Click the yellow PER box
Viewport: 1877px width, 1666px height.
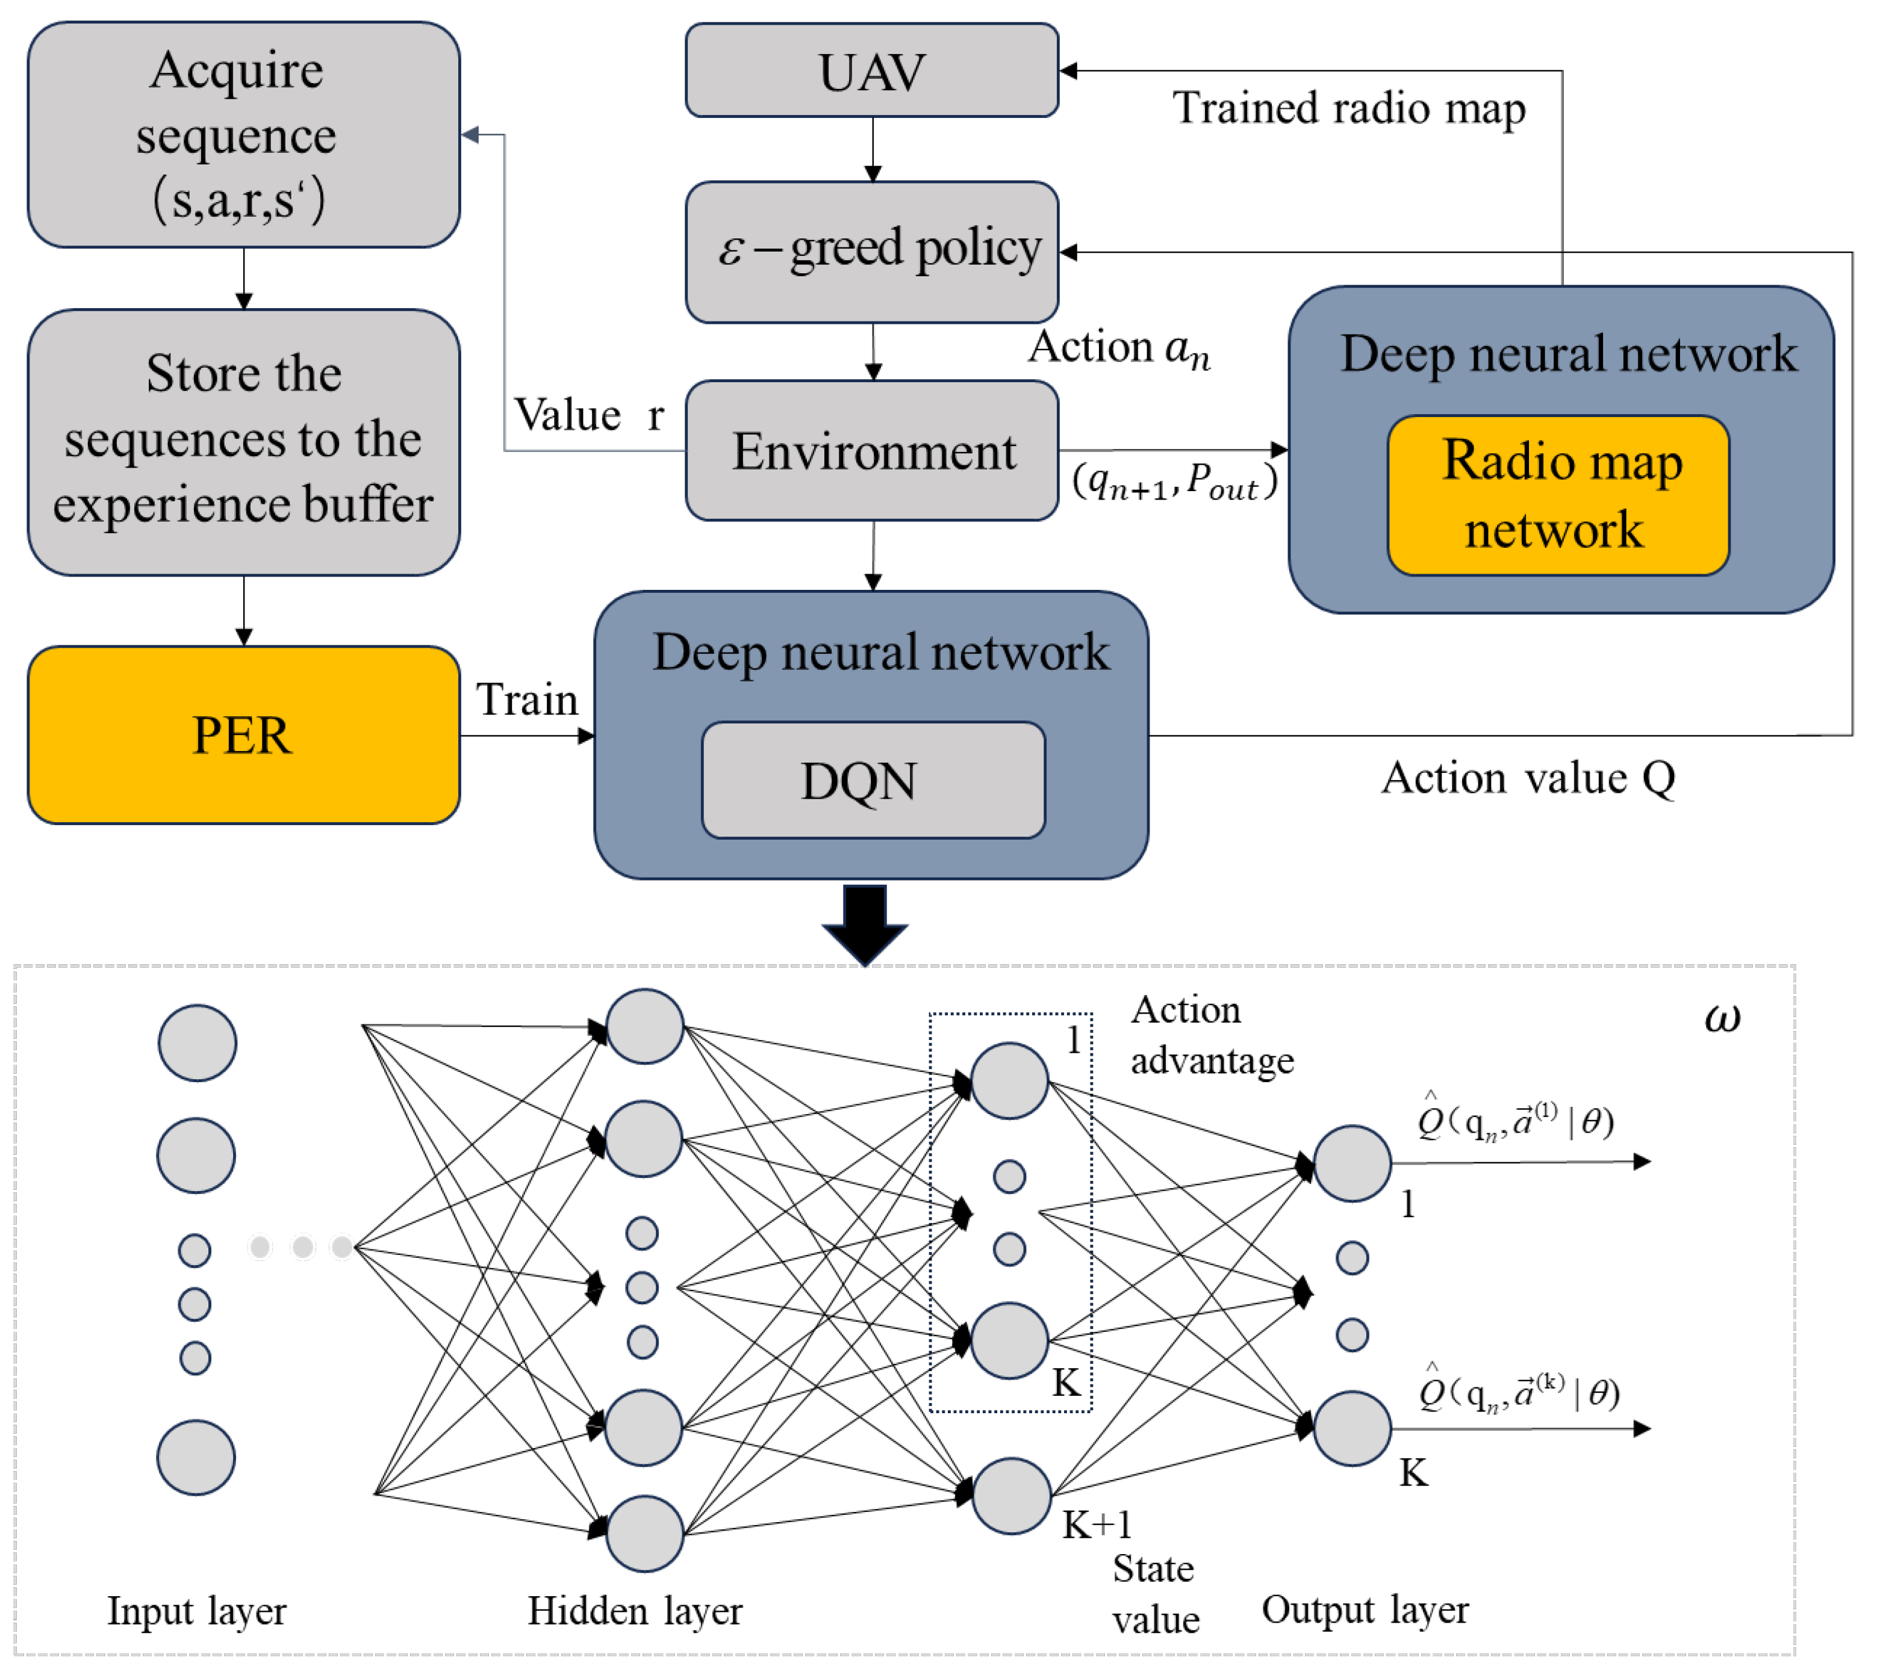(243, 735)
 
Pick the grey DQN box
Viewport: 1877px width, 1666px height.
(873, 780)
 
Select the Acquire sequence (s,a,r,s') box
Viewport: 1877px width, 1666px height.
(243, 135)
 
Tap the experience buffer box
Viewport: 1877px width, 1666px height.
(243, 442)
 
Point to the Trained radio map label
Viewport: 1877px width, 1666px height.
(1348, 108)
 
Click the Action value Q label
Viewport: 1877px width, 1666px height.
(1528, 778)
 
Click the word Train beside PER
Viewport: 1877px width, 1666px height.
(526, 699)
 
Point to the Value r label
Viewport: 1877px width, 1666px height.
(588, 415)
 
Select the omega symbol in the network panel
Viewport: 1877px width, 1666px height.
(1722, 1017)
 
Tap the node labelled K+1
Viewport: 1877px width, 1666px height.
(1011, 1497)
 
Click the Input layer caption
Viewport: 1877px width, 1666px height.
(196, 1611)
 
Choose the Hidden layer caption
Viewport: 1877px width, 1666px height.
(635, 1611)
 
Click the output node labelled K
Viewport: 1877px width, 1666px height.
(1352, 1428)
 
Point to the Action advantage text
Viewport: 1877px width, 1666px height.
(1210, 1035)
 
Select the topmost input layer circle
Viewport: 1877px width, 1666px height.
(198, 1042)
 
